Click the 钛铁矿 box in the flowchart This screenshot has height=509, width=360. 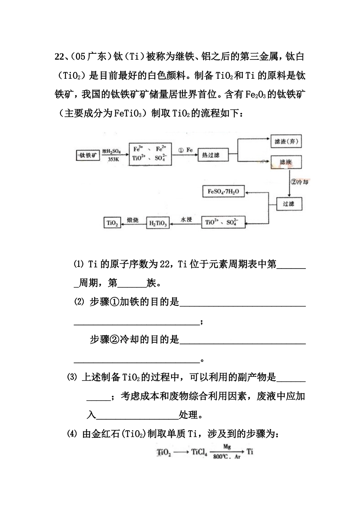coord(88,155)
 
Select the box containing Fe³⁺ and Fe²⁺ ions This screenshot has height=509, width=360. coord(150,154)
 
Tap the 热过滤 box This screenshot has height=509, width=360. coord(213,155)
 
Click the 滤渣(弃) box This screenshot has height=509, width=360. coord(286,142)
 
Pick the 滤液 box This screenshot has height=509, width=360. coord(286,162)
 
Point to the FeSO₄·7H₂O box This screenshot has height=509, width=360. coord(224,192)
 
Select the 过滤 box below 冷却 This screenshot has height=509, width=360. coord(290,204)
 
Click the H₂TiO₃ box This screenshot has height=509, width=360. coord(158,223)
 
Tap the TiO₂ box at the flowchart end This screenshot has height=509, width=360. coord(112,223)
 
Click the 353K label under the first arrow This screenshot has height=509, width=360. coord(113,159)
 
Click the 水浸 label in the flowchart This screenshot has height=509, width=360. coord(186,219)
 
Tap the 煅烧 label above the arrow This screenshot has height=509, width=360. coord(133,220)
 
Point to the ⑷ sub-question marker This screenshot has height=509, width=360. coord(72,434)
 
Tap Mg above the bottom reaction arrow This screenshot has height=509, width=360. coord(227,447)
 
